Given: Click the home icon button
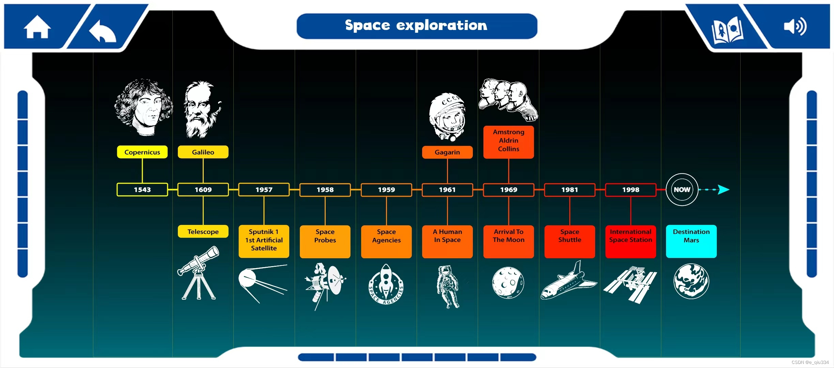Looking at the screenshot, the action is pos(37,27).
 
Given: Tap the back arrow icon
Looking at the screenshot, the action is pos(102,31).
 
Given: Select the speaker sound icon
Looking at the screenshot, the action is pos(795,26).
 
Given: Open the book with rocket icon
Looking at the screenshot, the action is pos(727,30).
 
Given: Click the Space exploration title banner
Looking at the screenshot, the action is pos(417,26).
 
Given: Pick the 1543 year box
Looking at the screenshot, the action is pos(142,190).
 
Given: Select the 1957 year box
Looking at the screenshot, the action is pos(264,190).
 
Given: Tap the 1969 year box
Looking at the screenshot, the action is pos(508,190).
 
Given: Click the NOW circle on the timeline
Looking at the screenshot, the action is pos(682,190).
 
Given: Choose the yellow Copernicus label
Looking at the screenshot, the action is pos(142,152).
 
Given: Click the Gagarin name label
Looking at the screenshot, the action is pos(447,152).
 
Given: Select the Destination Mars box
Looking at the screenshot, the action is pos(691,241).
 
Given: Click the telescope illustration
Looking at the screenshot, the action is pos(199,273).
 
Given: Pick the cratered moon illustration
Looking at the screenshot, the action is pos(508,282).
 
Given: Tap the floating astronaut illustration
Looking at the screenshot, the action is pos(448,286).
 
